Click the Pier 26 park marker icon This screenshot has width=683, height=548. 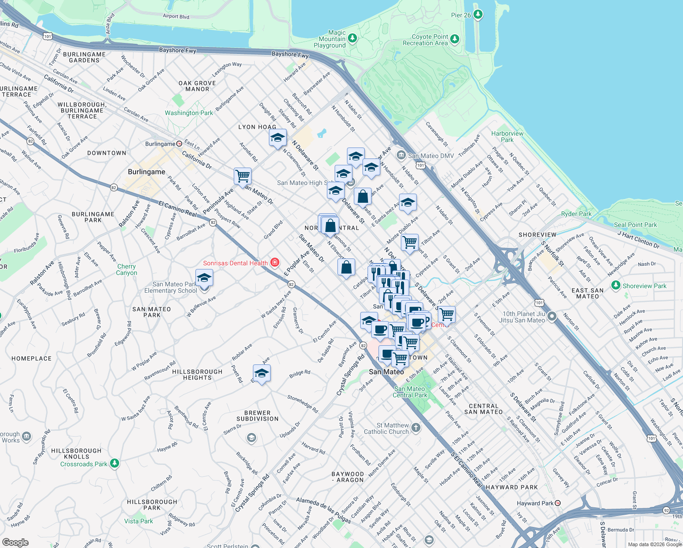[478, 15]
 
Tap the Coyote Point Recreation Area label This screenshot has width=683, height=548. [425, 40]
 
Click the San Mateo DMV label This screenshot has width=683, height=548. [431, 156]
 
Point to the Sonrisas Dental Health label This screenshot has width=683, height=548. [235, 263]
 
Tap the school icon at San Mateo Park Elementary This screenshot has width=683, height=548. [204, 278]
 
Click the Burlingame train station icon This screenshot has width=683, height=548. [179, 143]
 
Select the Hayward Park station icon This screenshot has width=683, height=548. [557, 503]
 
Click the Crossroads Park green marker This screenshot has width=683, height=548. [115, 464]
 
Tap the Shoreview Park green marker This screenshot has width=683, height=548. [616, 285]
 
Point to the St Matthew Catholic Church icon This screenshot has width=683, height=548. [415, 428]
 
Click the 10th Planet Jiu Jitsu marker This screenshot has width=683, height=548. [552, 316]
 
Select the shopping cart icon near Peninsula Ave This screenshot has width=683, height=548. [242, 176]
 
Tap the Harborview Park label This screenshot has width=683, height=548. [507, 137]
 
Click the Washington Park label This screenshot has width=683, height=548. [189, 113]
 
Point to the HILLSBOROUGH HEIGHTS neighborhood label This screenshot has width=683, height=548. [197, 374]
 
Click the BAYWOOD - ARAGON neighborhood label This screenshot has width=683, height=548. [348, 477]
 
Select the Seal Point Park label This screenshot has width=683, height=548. [635, 225]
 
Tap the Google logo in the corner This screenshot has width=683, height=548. [15, 543]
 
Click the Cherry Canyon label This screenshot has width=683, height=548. [126, 269]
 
